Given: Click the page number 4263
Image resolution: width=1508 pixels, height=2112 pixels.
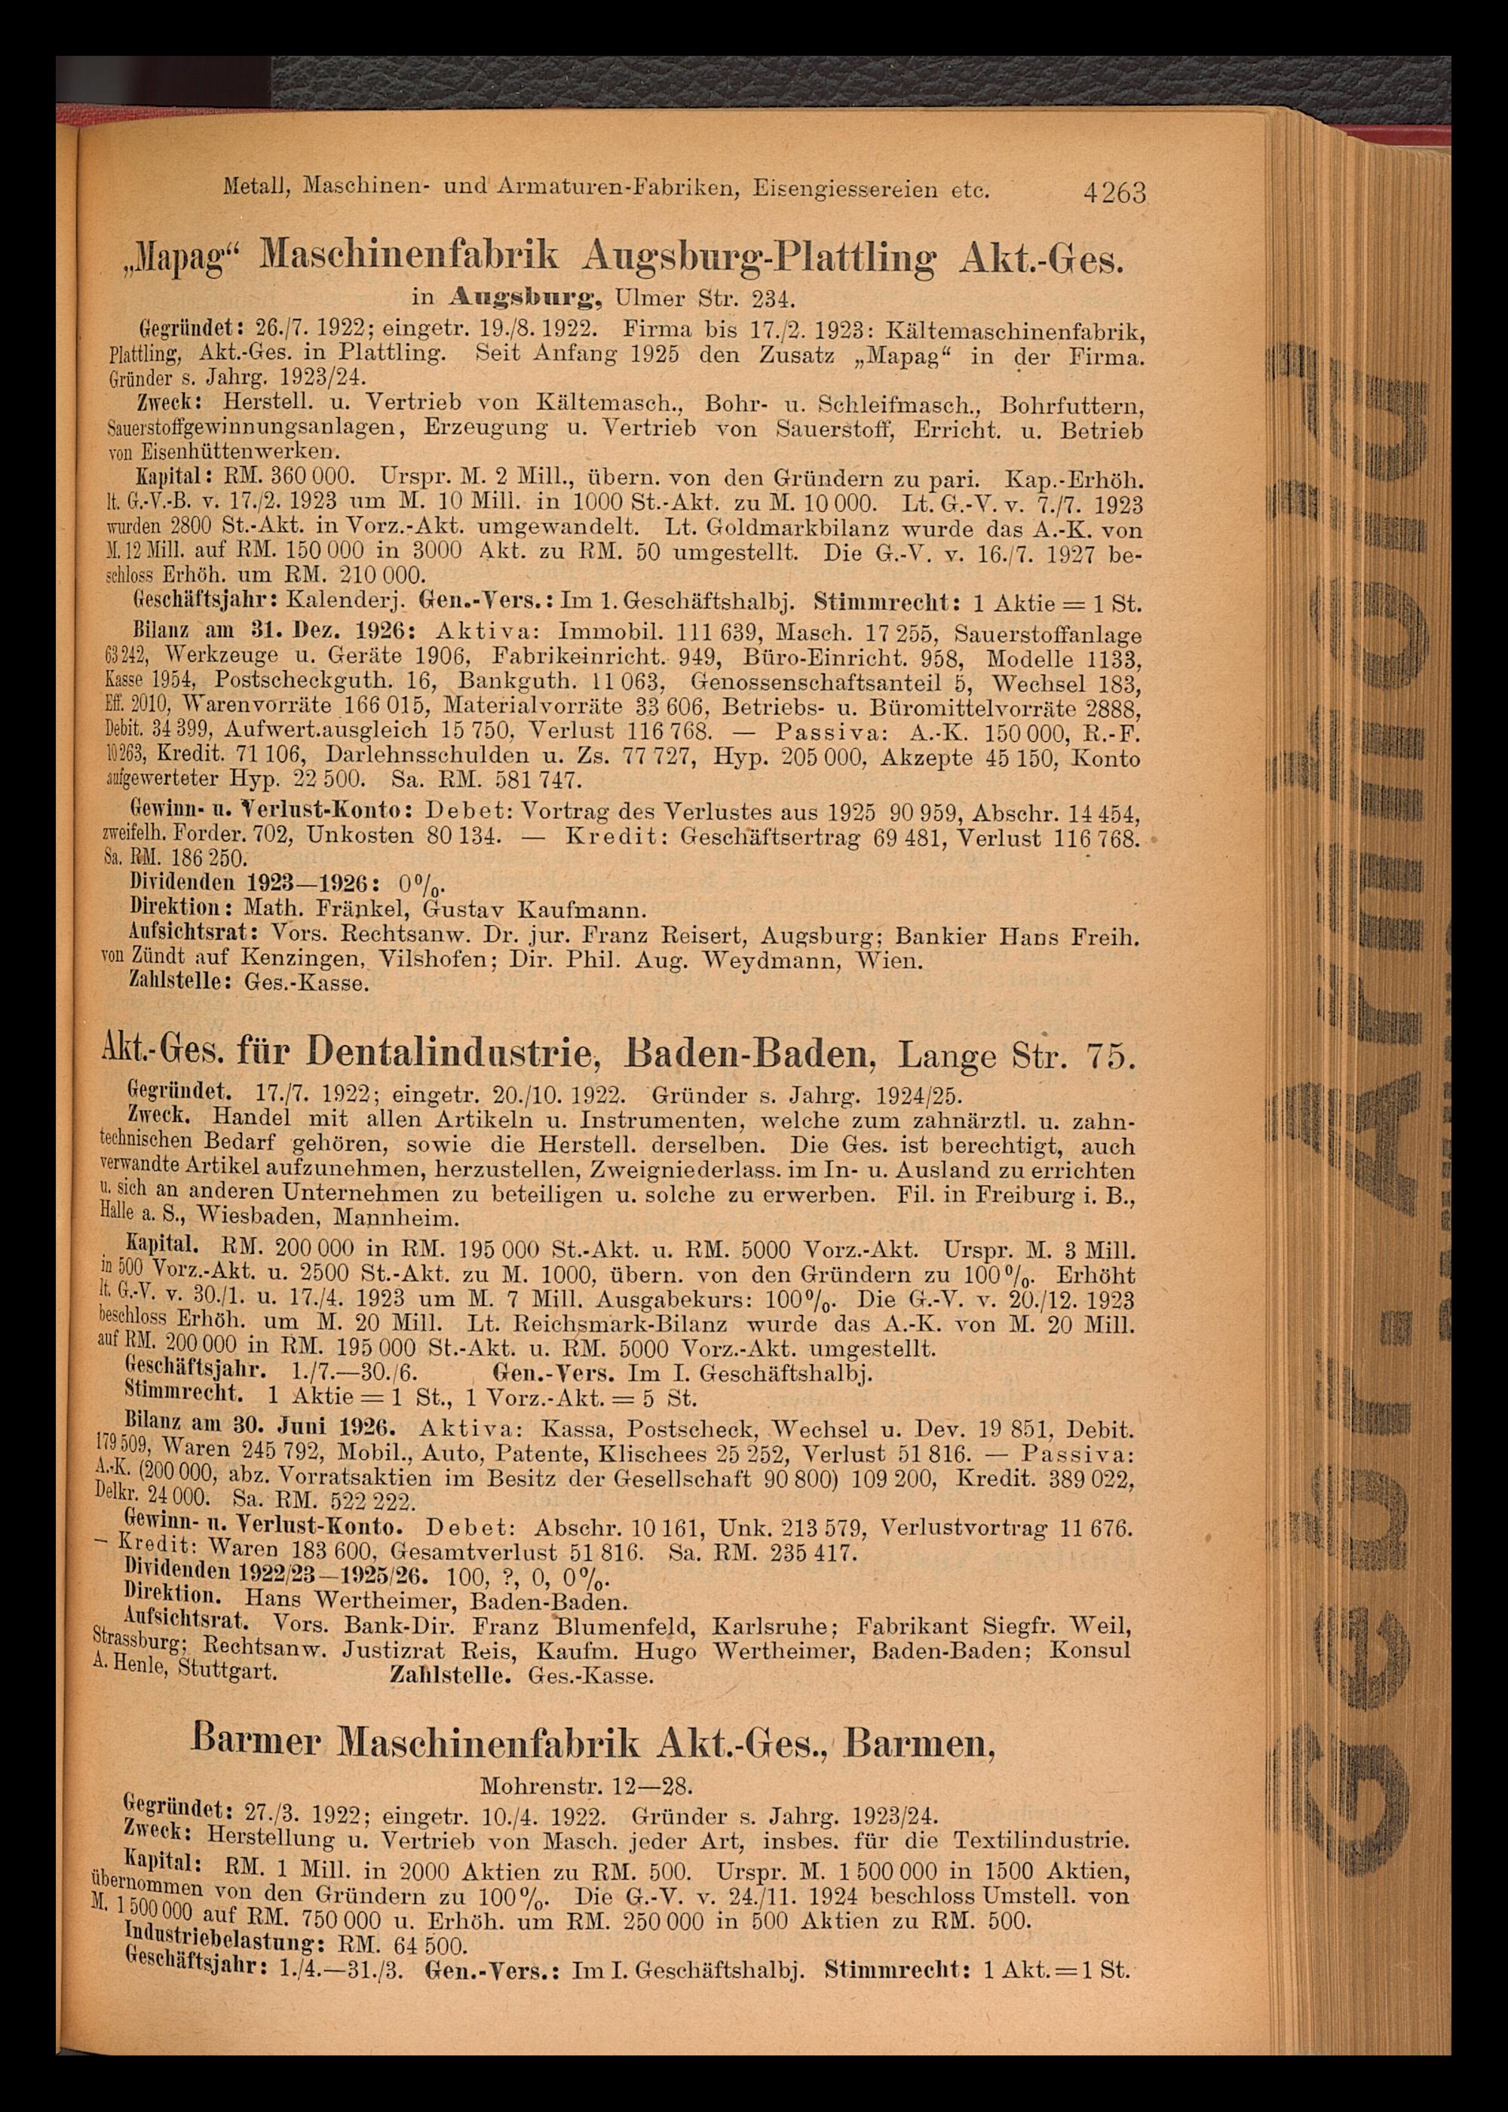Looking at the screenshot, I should [x=1114, y=193].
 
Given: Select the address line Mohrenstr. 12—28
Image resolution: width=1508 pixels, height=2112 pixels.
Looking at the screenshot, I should [x=587, y=1783].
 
